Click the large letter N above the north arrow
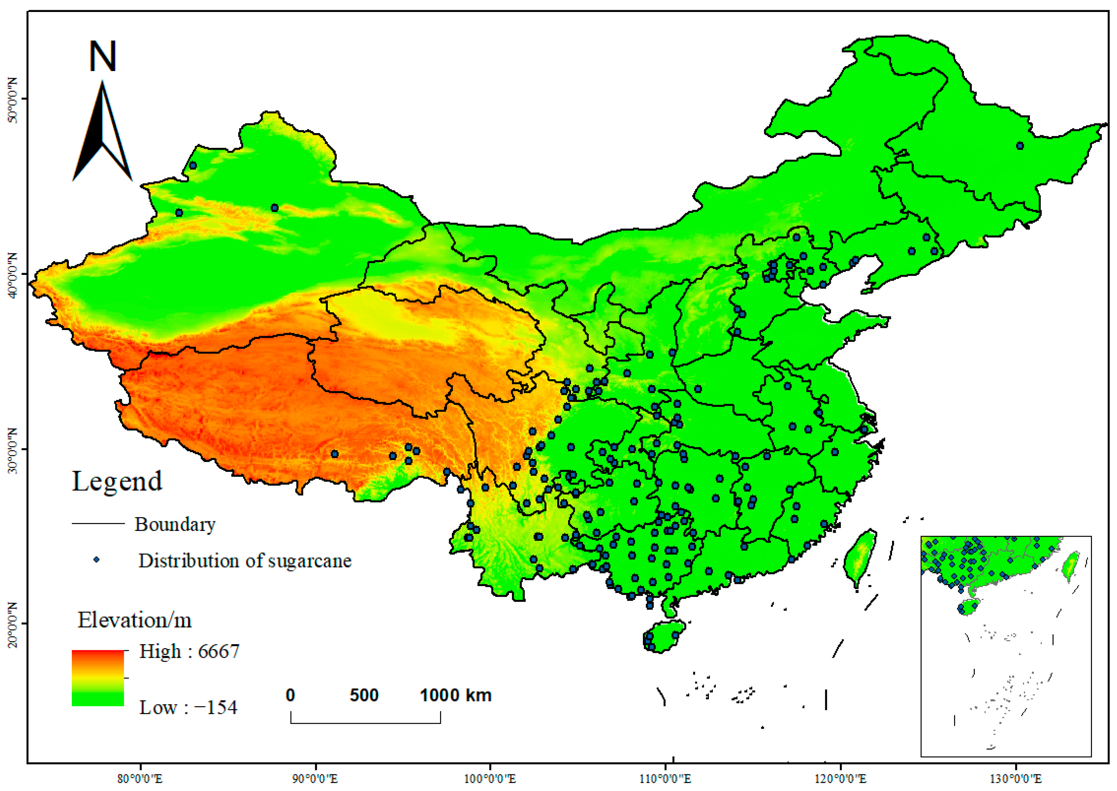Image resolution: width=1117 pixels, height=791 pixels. (x=102, y=57)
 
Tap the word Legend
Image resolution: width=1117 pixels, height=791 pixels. (x=117, y=482)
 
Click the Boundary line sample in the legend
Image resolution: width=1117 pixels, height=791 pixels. (x=98, y=524)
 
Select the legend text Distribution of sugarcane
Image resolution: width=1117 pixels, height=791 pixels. (x=245, y=561)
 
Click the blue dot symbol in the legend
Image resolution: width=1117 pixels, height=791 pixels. (x=96, y=560)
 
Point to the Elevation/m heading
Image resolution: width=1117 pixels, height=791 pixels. (x=135, y=620)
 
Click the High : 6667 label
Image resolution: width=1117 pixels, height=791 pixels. (x=189, y=651)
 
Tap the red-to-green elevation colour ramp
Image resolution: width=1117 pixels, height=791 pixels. (x=98, y=677)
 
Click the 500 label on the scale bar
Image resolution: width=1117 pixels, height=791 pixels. (x=364, y=695)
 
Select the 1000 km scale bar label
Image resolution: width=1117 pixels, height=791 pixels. (x=456, y=695)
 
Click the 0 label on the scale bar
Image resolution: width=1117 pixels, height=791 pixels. (x=290, y=695)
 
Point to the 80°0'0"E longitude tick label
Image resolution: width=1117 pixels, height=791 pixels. (x=140, y=779)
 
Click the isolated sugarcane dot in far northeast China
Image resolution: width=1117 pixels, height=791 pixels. (x=1019, y=146)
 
